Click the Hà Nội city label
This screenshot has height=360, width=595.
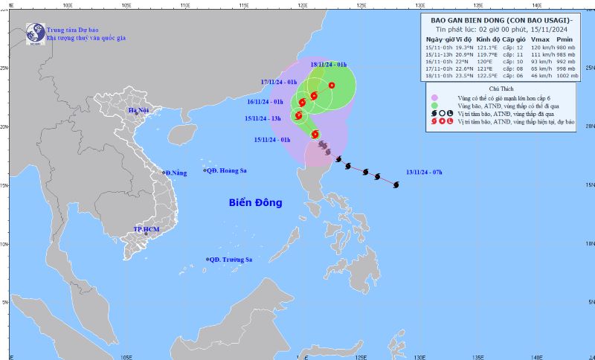[x=139, y=110]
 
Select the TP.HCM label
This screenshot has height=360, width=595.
[x=147, y=229]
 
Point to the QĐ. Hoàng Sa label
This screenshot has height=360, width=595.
[x=228, y=170]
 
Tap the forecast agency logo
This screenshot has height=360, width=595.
[x=34, y=32]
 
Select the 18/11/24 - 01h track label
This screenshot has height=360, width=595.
[x=329, y=65]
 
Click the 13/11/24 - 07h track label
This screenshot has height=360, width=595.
[x=424, y=173]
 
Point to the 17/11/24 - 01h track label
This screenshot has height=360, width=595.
[x=279, y=81]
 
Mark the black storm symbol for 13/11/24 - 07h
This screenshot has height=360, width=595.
[x=396, y=184]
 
